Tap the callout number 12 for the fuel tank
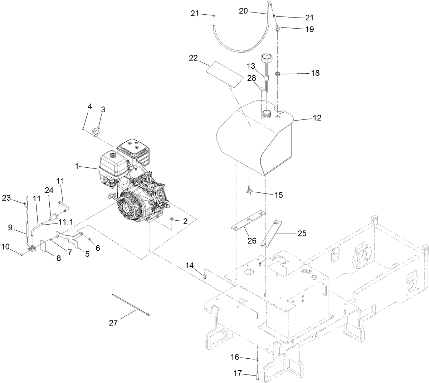point(317,118)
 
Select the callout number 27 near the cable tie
point(113,323)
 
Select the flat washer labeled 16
point(257,359)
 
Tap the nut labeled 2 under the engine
point(173,218)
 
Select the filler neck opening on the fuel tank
point(267,114)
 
